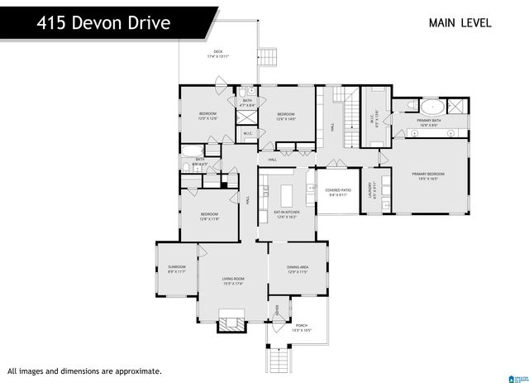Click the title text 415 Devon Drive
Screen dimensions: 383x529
103,22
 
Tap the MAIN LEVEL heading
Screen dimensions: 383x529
460,22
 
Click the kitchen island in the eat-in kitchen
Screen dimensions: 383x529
287,195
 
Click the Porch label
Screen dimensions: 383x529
302,328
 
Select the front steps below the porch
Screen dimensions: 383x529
278,360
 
